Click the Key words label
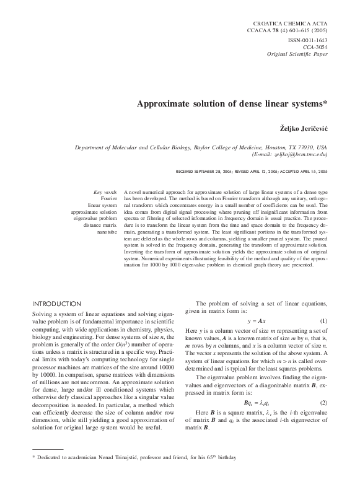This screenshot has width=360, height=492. coord(105,193)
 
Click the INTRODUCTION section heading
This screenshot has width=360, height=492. coord(64,304)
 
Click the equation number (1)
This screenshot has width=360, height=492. coord(323,322)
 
